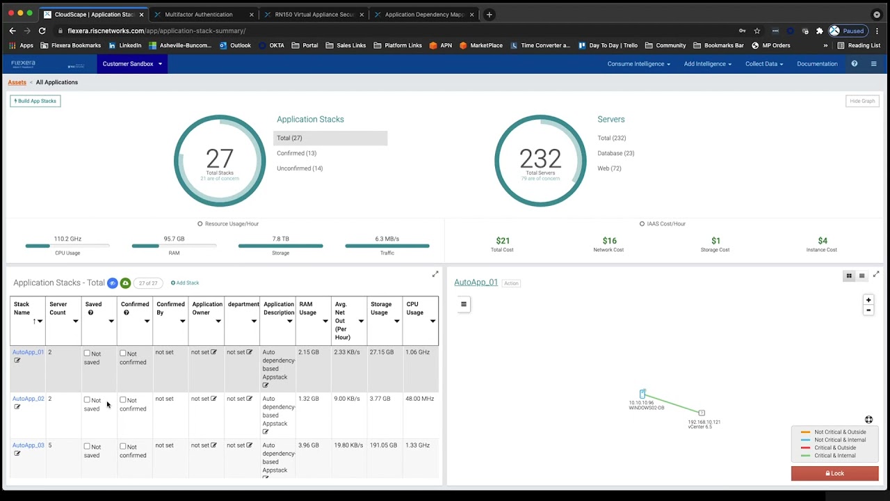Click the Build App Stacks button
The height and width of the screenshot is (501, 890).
point(35,101)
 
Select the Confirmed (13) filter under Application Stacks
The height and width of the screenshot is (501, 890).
point(296,153)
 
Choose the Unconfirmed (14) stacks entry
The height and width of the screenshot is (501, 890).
point(300,168)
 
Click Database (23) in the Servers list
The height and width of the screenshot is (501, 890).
point(615,153)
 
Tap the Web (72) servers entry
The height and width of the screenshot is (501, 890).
point(609,168)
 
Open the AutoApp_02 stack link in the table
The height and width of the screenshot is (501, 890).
point(28,399)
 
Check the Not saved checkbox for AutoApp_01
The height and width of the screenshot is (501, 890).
point(87,353)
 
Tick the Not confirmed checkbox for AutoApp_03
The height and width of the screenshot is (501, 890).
point(123,447)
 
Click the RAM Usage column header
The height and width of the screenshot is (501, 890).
point(307,308)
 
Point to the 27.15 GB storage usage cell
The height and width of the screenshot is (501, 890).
point(382,352)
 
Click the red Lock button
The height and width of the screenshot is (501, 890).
point(834,473)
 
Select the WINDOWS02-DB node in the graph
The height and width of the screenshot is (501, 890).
point(642,395)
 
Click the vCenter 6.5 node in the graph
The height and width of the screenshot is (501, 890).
point(702,413)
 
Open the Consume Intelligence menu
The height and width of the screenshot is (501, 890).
point(638,64)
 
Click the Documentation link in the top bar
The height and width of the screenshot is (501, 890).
point(817,64)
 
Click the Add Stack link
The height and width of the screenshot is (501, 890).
point(185,283)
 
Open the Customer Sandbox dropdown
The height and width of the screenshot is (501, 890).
point(132,64)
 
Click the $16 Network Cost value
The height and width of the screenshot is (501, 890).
point(609,241)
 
